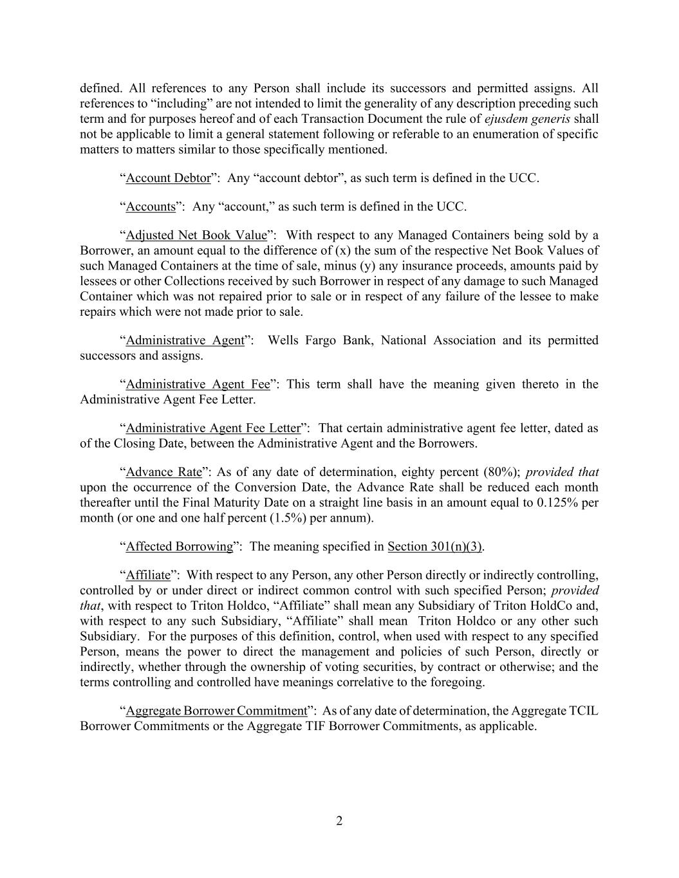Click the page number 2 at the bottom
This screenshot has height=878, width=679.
[x=339, y=821]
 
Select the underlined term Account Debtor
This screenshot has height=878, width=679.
[x=168, y=178]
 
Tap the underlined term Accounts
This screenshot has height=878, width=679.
[x=151, y=206]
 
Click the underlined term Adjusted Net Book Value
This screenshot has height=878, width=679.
[x=196, y=235]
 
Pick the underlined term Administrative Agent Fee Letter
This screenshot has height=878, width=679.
[x=213, y=428]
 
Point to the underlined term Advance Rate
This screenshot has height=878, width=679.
[x=163, y=471]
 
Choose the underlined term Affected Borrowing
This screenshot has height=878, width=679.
[x=179, y=546]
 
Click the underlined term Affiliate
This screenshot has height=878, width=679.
[x=148, y=574]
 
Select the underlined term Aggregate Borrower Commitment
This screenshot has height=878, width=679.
[x=216, y=711]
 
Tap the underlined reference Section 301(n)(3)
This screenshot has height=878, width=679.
[x=434, y=546]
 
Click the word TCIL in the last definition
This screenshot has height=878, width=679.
[x=584, y=711]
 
